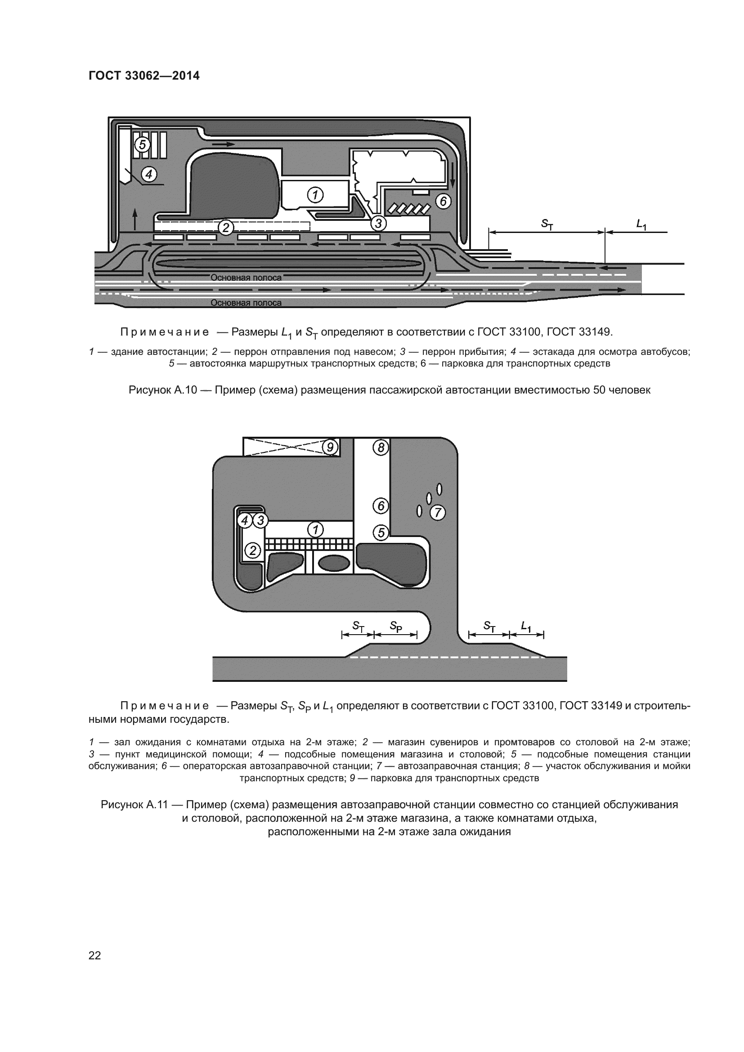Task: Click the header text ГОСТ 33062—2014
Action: click(x=144, y=76)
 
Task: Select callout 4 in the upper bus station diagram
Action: click(x=149, y=174)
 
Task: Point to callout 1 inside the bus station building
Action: click(x=315, y=195)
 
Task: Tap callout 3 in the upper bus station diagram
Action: click(x=378, y=223)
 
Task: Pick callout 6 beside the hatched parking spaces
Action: click(x=443, y=201)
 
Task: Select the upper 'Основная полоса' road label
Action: click(x=246, y=278)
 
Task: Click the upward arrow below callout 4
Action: click(x=134, y=219)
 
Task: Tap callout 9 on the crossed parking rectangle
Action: click(x=330, y=446)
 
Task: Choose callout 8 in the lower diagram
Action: click(x=381, y=447)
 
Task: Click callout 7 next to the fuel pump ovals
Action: click(x=438, y=512)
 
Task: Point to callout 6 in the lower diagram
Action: click(x=381, y=506)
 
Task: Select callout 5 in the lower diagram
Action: click(x=381, y=533)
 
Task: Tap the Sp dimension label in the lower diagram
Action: click(x=396, y=626)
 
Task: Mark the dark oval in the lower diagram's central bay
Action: click(x=333, y=563)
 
